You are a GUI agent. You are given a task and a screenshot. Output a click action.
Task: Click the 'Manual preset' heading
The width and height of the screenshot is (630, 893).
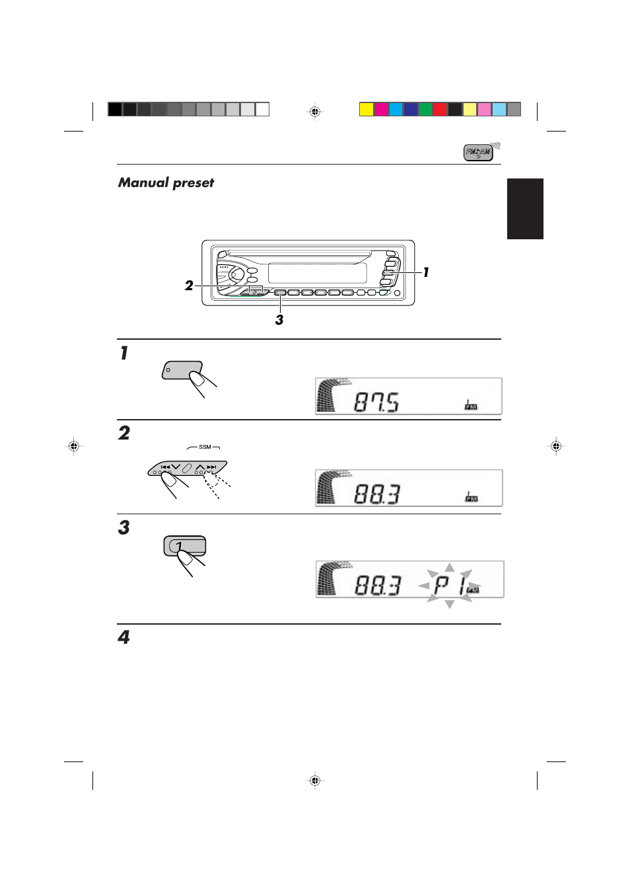coord(166,182)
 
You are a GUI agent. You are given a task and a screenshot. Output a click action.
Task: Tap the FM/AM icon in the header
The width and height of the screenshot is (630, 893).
coord(478,153)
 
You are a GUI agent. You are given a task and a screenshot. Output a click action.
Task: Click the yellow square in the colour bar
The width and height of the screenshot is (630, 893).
coord(367,110)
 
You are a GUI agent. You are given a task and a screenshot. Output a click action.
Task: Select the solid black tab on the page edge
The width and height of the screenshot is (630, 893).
coord(525,208)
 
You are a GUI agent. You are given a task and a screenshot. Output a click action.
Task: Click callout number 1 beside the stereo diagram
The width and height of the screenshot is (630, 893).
coord(426,272)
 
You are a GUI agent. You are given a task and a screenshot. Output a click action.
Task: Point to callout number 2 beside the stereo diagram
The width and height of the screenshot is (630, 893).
coord(189,286)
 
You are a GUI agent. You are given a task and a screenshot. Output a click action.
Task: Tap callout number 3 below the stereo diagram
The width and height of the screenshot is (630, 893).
coord(279,320)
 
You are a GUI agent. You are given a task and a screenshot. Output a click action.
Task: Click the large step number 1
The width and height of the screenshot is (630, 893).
coord(123,353)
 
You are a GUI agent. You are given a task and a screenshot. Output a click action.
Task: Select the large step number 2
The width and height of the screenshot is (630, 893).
coord(124,433)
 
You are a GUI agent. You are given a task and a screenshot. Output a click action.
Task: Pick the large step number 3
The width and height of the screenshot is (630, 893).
coord(124,527)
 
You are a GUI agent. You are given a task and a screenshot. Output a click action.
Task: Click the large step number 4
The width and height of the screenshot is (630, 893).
coord(123,637)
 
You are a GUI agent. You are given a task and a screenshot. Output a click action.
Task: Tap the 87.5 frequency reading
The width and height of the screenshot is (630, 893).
coord(376,402)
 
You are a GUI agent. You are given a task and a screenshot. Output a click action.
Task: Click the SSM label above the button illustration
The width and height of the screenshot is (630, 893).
coord(205,447)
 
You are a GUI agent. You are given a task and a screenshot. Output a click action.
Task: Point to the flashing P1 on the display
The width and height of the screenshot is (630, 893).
coord(449,585)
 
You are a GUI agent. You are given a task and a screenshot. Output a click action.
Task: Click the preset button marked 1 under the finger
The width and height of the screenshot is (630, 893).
coord(186,547)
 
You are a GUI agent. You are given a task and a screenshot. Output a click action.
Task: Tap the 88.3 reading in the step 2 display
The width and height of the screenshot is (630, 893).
coord(377,494)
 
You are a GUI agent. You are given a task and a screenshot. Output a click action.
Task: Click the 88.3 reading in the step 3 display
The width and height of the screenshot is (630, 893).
coord(378,585)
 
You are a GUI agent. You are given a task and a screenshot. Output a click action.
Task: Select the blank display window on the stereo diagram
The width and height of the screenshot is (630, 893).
coord(317,272)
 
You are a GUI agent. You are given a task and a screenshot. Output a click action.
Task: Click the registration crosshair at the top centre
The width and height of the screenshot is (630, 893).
coord(315,112)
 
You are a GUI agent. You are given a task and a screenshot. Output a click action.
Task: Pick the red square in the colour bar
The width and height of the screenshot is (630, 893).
coord(440,110)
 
